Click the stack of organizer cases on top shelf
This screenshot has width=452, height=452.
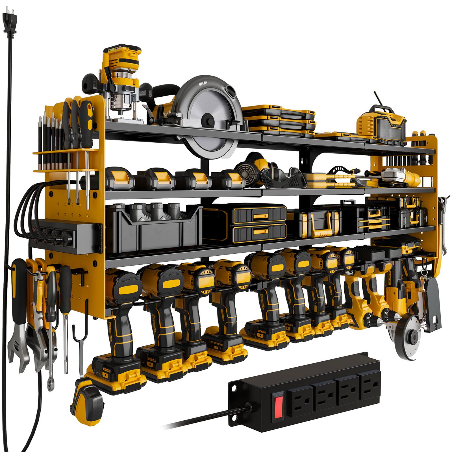[278, 119]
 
